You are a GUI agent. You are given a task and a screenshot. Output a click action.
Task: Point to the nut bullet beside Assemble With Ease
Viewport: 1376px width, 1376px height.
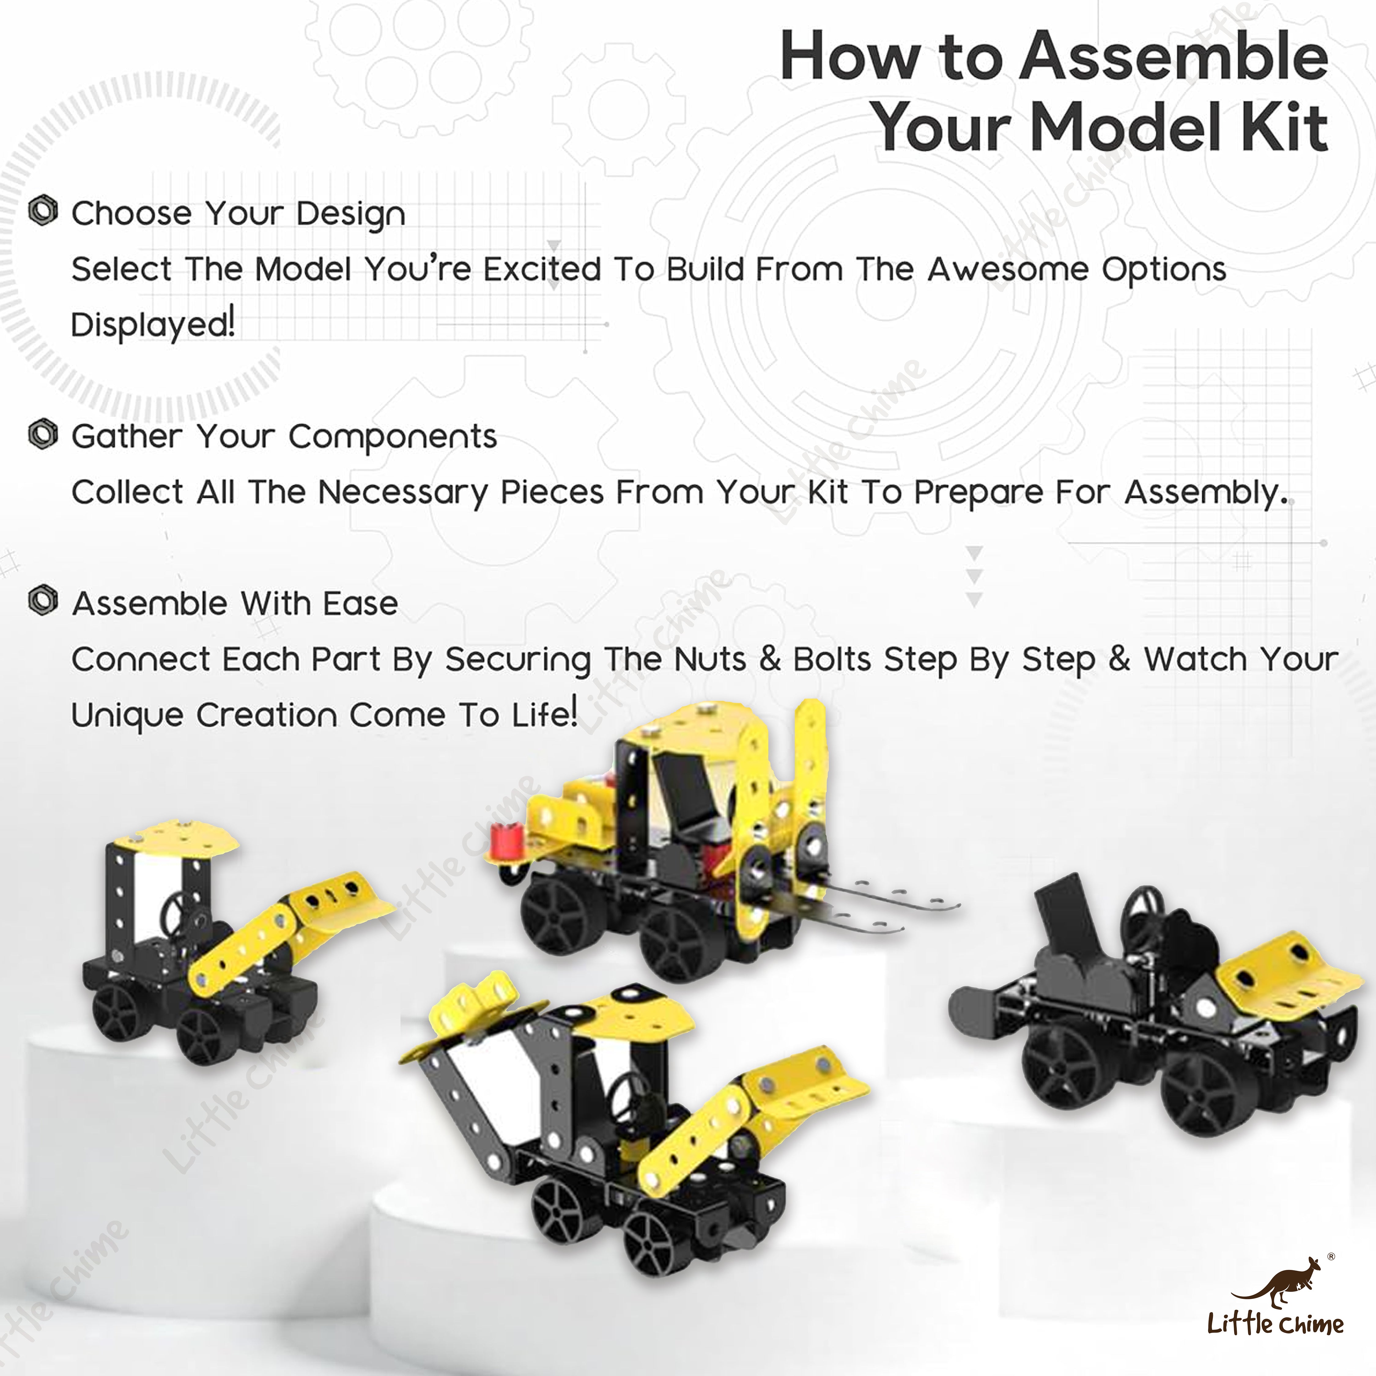coord(43,601)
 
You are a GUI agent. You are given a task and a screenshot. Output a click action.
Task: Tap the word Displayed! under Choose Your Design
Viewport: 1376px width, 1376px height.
coord(153,325)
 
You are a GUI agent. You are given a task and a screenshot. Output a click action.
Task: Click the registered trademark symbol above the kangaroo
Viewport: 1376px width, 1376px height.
coord(1331,1258)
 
